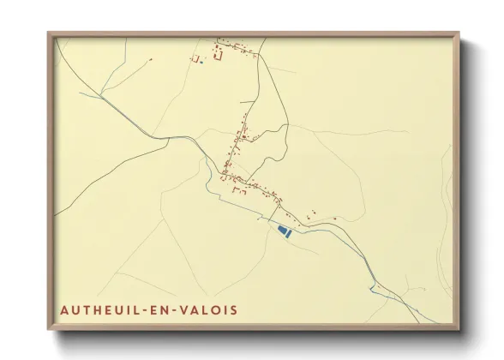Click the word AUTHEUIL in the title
98,309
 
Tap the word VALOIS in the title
208,309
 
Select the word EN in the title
159,309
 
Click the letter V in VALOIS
184,309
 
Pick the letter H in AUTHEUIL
94,309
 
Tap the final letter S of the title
234,309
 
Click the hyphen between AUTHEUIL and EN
144,309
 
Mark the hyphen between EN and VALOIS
175,309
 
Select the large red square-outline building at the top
217,55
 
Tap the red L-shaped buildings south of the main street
240,193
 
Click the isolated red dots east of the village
313,212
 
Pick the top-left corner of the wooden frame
49,33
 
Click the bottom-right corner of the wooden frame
459,329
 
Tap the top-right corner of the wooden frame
459,33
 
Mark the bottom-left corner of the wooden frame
49,329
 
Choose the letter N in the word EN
165,309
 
